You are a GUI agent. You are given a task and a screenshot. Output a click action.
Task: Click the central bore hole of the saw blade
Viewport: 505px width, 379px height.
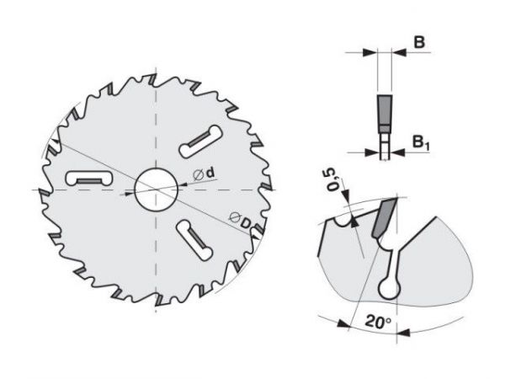[157, 189]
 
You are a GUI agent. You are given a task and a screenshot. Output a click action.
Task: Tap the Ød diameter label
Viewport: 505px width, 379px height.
[204, 174]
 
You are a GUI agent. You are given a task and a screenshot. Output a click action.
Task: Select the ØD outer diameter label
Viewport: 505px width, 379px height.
[240, 221]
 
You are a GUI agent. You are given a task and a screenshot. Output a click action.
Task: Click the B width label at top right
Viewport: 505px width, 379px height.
[419, 42]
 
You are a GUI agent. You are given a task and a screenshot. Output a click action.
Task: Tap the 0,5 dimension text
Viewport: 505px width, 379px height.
[333, 179]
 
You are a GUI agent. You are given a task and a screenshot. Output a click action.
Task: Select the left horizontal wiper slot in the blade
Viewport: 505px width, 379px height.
[89, 178]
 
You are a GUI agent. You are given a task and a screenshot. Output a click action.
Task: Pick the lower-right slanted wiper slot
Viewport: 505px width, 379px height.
[194, 240]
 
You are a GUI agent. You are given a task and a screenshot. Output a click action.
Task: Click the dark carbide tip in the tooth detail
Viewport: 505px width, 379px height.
[384, 218]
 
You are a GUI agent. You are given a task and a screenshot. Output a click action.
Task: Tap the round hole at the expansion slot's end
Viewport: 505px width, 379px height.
[390, 289]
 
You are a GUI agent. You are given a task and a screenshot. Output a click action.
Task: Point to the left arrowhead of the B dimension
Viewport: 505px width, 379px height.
[370, 52]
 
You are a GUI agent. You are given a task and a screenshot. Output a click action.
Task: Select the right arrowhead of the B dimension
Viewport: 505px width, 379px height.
[399, 52]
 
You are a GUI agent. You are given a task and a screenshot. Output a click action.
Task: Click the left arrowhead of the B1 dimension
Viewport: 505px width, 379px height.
[372, 152]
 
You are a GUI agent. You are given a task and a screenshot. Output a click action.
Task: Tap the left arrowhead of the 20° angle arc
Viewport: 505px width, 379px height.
[343, 324]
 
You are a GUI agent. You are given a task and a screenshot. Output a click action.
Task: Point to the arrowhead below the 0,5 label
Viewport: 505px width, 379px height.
[346, 194]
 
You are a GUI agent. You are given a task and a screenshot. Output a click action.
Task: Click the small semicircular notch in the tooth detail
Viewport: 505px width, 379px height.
[343, 221]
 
